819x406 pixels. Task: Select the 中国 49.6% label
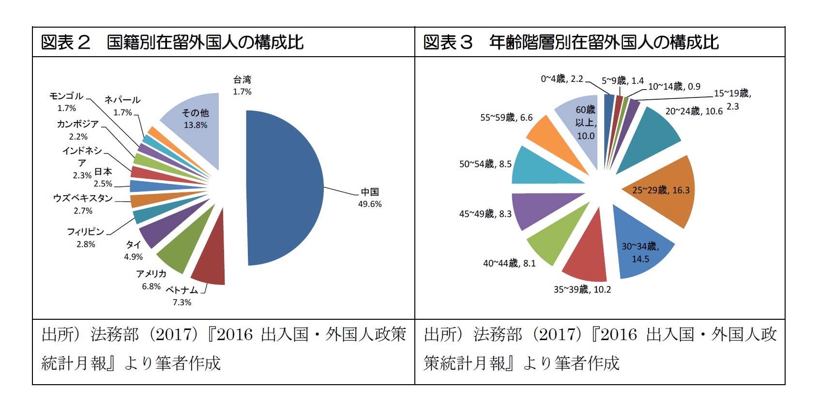coord(370,198)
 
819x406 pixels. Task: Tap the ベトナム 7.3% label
coord(182,296)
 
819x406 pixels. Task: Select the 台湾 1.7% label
coord(242,85)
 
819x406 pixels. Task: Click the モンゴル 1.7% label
coord(66,102)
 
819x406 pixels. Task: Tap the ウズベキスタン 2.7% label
coord(83,204)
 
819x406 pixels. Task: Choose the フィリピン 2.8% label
coord(86,237)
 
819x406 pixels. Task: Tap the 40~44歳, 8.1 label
coord(509,263)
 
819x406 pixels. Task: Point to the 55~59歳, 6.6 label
coord(506,117)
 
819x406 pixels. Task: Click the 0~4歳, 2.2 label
coord(561,78)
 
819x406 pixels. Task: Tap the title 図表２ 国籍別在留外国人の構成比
coord(172,43)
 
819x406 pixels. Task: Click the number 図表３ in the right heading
coord(448,43)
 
